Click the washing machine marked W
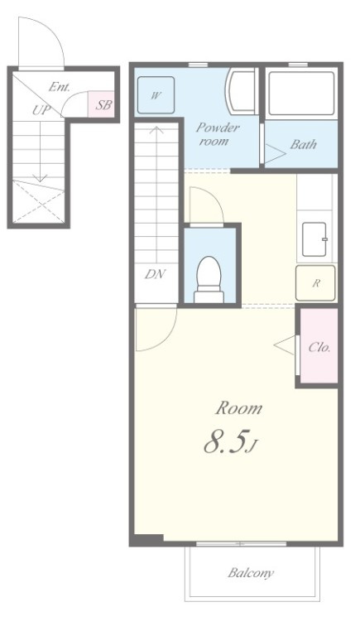coord(156,95)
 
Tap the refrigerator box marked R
coord(315,283)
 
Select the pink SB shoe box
coord(101,104)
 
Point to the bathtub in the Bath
coord(301,94)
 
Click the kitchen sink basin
coord(314,239)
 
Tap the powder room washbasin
coord(242,91)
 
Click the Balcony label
coord(251,573)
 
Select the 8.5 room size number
coord(231,442)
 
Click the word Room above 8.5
coord(239,408)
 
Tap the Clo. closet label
coord(319,347)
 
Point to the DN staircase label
coord(156,274)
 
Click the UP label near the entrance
coord(41,110)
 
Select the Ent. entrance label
coord(60,86)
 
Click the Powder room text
coord(218,134)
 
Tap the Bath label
coord(303,144)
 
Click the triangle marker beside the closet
coord(284,345)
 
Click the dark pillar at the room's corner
coord(148,539)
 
